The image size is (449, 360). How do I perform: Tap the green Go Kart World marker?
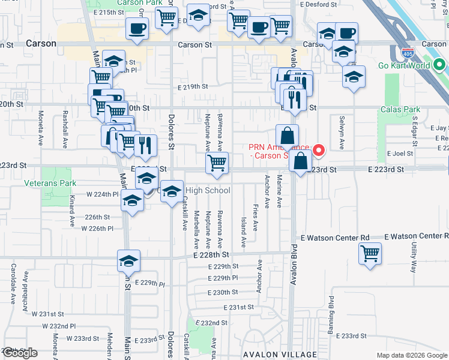point(439,65)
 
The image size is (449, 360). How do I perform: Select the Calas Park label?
point(400,109)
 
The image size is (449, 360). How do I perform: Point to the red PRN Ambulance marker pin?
point(319,149)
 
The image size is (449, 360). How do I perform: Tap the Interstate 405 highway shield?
point(408,54)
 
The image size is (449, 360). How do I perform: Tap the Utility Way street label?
point(414,257)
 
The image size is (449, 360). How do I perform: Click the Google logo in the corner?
point(20,353)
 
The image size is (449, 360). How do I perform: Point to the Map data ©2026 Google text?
point(412,355)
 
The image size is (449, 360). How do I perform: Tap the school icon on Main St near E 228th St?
point(128,261)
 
